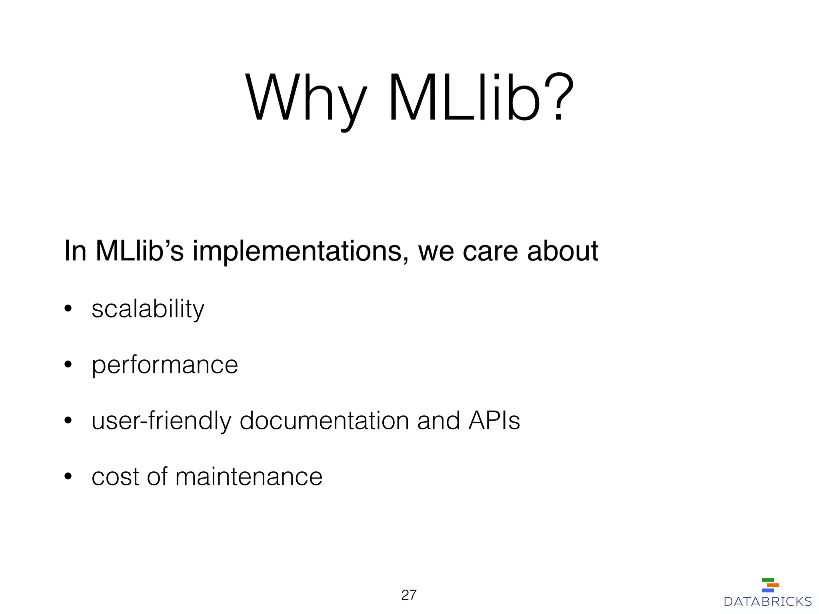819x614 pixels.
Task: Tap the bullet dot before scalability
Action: pyautogui.click(x=68, y=309)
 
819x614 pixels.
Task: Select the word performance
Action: pyautogui.click(x=165, y=365)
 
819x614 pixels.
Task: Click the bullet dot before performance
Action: pyautogui.click(x=68, y=365)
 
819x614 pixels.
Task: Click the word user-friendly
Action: pyautogui.click(x=162, y=421)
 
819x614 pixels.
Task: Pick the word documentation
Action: pyautogui.click(x=324, y=421)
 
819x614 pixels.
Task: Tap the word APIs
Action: pyautogui.click(x=494, y=421)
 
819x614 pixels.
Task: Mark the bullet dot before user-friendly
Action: pyautogui.click(x=68, y=421)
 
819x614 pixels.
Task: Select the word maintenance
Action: pyautogui.click(x=248, y=477)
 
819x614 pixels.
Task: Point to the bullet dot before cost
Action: pyautogui.click(x=68, y=476)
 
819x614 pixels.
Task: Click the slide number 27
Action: pyautogui.click(x=409, y=595)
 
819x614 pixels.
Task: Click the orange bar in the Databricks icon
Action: pyautogui.click(x=773, y=585)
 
